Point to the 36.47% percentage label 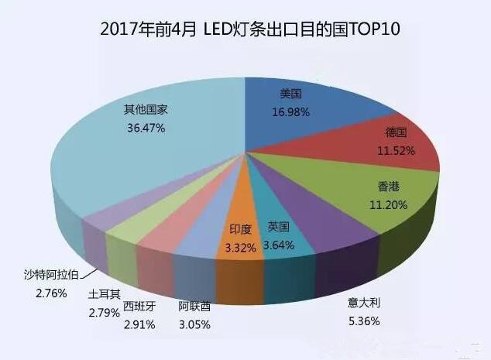coord(146,127)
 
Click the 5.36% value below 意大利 coord(363,321)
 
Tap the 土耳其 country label coord(104,294)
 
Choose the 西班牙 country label coord(139,306)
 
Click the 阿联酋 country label coord(194,306)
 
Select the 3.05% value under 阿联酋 coord(194,324)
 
